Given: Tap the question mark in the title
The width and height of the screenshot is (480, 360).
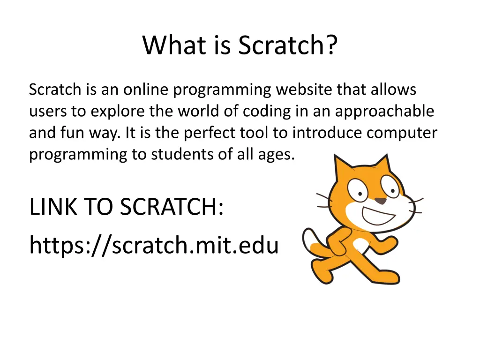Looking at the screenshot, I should click(330, 45).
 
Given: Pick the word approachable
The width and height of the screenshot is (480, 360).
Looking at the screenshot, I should click(384, 112).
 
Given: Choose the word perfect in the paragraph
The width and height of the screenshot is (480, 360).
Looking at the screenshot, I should click(209, 133).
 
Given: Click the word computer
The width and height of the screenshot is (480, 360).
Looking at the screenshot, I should click(402, 133).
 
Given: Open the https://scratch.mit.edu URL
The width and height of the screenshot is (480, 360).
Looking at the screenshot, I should click(154, 245).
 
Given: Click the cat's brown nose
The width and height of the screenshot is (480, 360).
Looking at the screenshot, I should click(382, 201).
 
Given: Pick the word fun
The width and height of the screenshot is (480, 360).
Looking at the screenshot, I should click(71, 133).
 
